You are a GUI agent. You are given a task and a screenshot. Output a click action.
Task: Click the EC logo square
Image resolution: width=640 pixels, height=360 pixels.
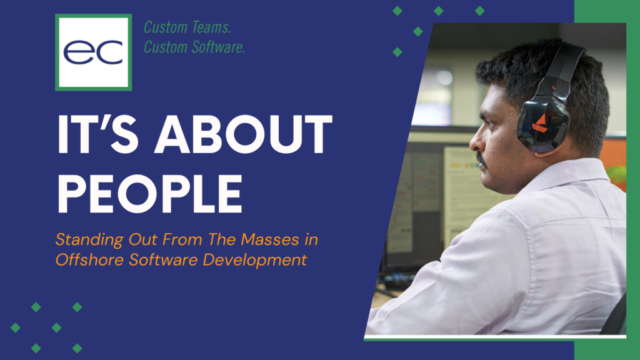click(x=93, y=52)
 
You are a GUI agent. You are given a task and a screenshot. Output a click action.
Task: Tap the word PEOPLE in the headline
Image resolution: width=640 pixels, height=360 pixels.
click(x=149, y=191)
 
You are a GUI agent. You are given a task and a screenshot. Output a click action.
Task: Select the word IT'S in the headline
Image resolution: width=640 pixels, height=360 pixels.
click(x=91, y=136)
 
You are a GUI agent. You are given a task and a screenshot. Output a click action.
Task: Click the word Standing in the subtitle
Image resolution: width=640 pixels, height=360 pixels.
click(x=81, y=239)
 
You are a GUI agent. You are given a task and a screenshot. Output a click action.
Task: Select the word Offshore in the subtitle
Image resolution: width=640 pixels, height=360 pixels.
click(x=81, y=259)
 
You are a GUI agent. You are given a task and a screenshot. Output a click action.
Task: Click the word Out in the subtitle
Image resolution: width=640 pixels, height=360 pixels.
click(x=126, y=239)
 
